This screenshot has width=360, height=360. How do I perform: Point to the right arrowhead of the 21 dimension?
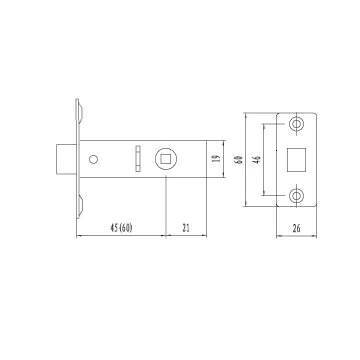(206, 235)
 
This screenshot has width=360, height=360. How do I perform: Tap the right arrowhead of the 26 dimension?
(319, 235)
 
